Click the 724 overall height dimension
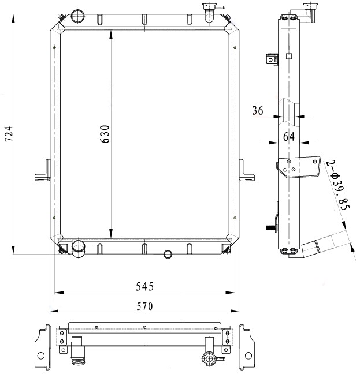(x=9, y=134)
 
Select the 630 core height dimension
(x=105, y=134)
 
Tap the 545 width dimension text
(x=144, y=286)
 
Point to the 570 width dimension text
(x=144, y=306)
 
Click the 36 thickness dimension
(x=258, y=110)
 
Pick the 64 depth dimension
(x=289, y=137)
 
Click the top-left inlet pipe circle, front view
(x=77, y=16)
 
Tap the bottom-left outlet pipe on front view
(x=79, y=249)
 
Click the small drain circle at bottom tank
(x=168, y=255)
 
